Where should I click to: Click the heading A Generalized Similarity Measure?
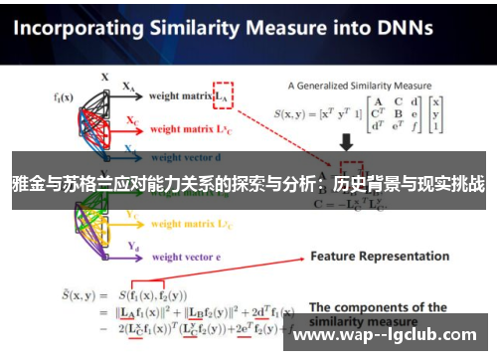click(360, 86)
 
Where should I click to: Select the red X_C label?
click(132, 120)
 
